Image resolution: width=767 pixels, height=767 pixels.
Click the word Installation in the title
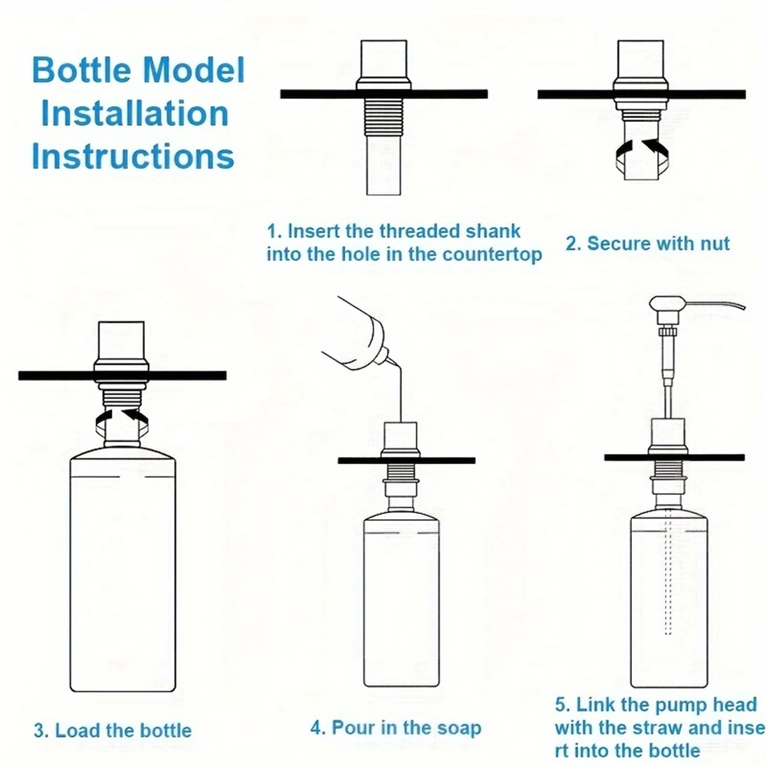[135, 114]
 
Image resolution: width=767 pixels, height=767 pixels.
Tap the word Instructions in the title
[133, 156]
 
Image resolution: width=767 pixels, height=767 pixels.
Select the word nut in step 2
[714, 244]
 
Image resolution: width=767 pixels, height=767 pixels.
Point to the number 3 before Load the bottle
[38, 730]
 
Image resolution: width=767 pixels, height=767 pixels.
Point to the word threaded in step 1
[423, 232]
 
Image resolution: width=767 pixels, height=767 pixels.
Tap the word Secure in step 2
[614, 244]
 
